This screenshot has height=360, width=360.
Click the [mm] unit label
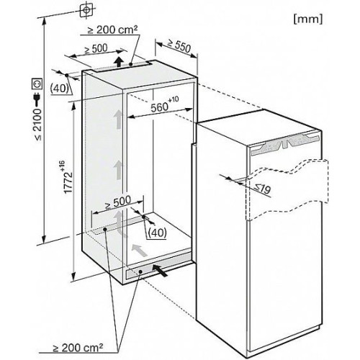[x=308, y=19]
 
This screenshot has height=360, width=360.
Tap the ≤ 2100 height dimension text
[x=38, y=125]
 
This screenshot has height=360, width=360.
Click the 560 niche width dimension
[x=165, y=104]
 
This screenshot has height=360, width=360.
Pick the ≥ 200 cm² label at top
[x=112, y=30]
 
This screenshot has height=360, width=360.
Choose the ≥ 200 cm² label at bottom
[x=78, y=347]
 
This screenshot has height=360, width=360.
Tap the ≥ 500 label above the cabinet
[x=96, y=49]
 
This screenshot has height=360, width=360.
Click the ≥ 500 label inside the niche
[x=118, y=202]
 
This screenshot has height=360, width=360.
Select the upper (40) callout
[x=59, y=89]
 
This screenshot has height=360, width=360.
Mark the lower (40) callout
[x=157, y=233]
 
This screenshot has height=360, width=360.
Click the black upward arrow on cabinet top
[x=118, y=62]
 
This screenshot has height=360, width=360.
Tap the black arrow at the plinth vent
[x=160, y=270]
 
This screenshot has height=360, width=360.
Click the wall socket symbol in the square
[x=37, y=84]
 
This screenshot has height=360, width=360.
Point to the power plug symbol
[x=37, y=99]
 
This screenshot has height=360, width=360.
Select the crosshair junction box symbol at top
[x=87, y=10]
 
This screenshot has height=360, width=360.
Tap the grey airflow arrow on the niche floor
[x=139, y=251]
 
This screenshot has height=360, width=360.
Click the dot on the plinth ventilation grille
[x=140, y=271]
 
